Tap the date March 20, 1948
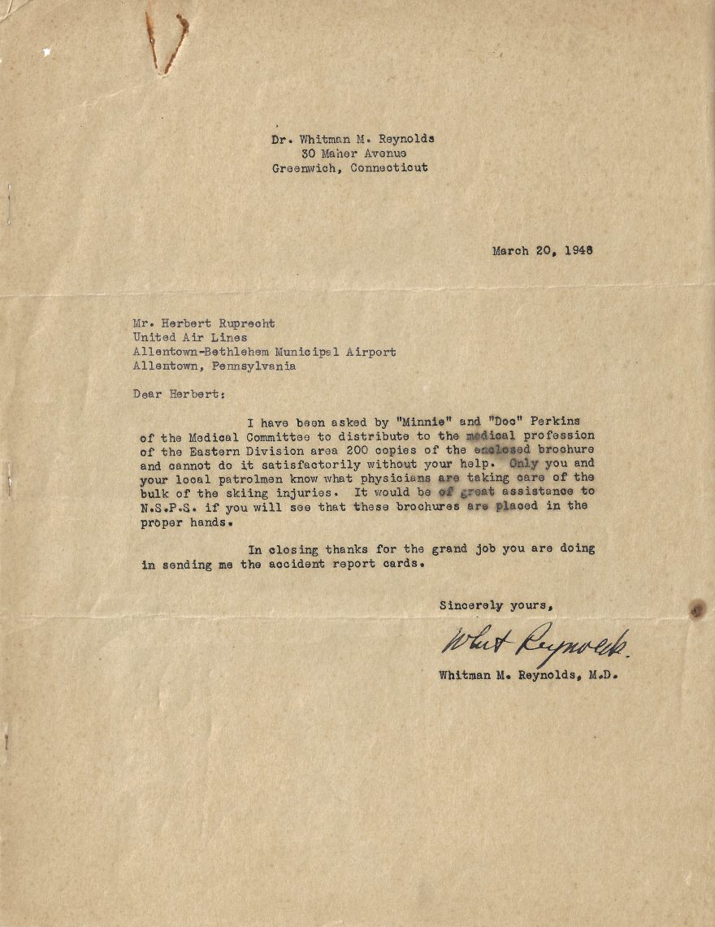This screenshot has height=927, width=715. [542, 250]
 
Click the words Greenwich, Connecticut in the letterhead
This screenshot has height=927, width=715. [350, 168]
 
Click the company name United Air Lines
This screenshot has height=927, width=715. [190, 337]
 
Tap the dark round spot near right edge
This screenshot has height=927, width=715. [696, 609]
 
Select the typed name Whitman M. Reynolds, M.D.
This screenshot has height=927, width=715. [528, 674]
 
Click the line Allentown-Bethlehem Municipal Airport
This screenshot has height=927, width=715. [265, 352]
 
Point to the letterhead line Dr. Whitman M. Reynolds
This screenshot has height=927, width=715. [353, 139]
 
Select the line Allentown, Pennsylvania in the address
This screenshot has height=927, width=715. [214, 366]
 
